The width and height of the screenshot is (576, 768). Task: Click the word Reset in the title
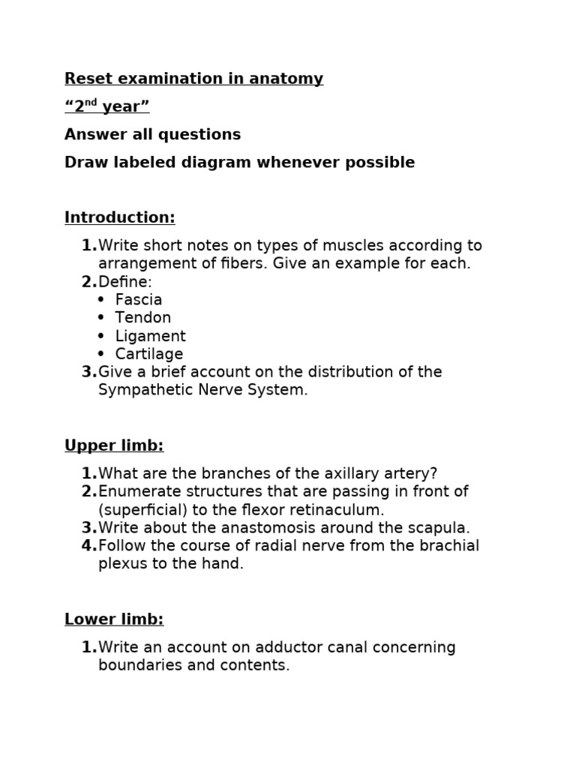tap(85, 79)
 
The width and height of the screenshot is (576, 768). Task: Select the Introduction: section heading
tap(119, 217)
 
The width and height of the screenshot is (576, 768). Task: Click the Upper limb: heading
tap(114, 445)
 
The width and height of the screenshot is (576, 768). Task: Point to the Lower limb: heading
tap(114, 619)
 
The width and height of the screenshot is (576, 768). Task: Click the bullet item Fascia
tap(139, 300)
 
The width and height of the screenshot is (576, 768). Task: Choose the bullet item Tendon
tap(143, 318)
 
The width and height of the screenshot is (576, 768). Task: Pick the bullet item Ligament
tap(151, 336)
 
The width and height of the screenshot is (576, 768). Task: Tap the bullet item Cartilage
tap(149, 354)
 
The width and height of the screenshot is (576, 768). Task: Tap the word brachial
tap(448, 545)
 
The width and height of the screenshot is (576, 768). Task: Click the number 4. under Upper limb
tap(88, 545)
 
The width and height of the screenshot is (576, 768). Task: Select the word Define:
tap(124, 282)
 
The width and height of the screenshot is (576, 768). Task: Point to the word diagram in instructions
tap(210, 163)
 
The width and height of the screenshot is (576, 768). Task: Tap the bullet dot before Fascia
tap(101, 300)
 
